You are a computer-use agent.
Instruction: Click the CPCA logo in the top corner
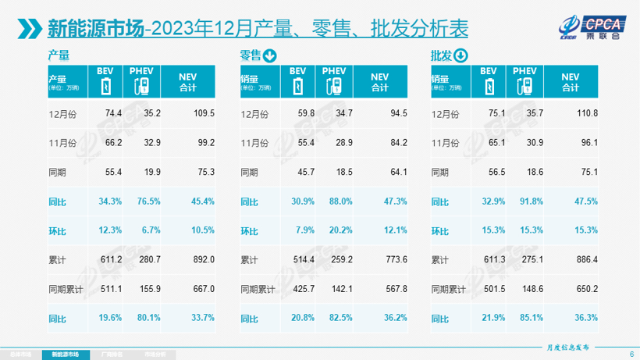(590, 27)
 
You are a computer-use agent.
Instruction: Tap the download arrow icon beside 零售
(270, 55)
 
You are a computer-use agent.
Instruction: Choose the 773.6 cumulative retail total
(395, 259)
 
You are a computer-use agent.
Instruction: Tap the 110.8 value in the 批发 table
(587, 112)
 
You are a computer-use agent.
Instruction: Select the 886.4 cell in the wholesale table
(587, 259)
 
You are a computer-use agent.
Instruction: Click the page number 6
(631, 354)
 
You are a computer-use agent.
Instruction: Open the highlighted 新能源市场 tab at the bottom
(66, 354)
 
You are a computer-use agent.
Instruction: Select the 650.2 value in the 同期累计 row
(587, 289)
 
